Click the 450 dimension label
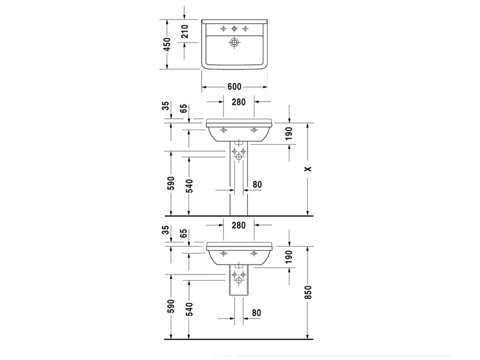point(167,44)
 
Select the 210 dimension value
point(185,31)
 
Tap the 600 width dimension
point(235,87)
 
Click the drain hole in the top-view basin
point(234,42)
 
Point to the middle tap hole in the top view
point(234,29)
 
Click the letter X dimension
point(308,169)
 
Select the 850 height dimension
point(308,292)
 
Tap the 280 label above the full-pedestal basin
point(238,102)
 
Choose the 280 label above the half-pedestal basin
point(238,226)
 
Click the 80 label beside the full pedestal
point(257,184)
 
